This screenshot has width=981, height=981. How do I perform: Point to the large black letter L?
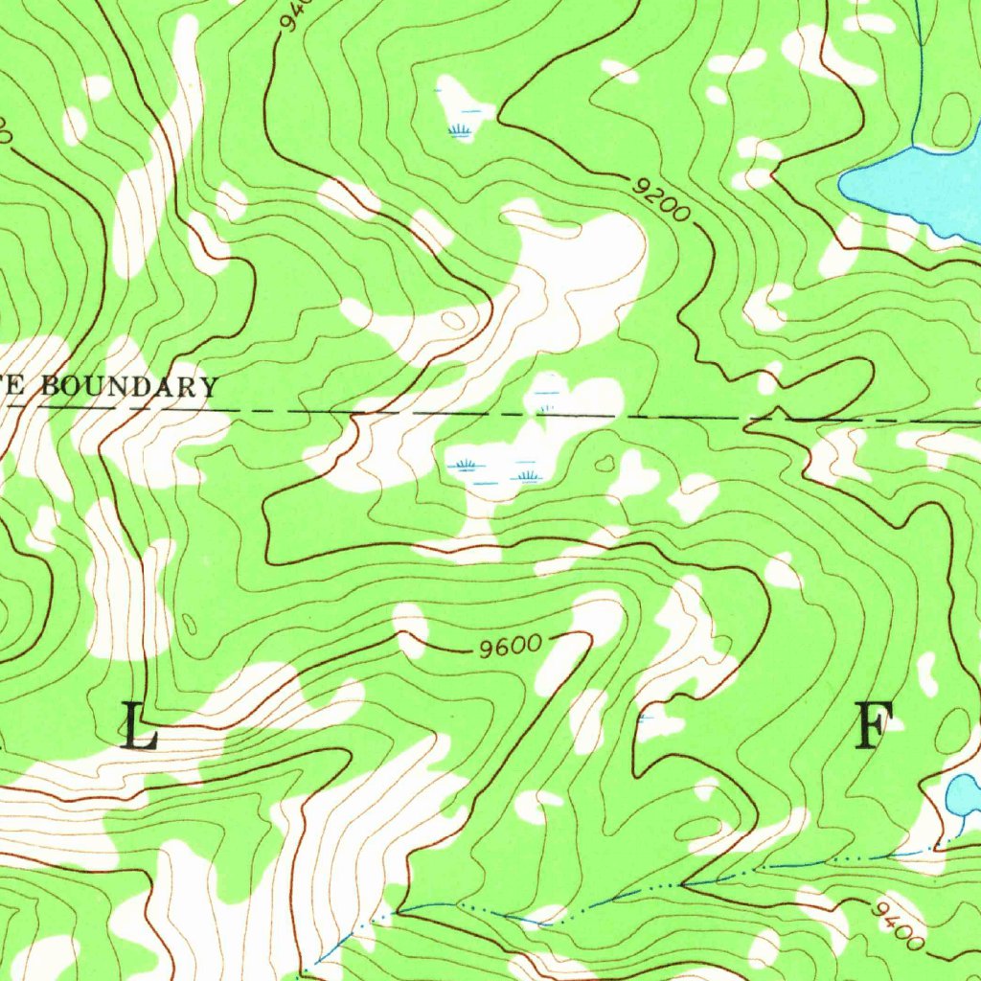click(140, 725)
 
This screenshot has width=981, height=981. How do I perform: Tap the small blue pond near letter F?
click(963, 794)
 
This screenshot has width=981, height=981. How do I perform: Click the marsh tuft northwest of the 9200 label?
click(461, 128)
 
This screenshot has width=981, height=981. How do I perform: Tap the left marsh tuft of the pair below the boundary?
click(466, 466)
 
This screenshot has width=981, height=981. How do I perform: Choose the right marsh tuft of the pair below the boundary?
click(526, 473)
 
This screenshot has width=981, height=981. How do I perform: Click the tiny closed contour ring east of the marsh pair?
click(604, 465)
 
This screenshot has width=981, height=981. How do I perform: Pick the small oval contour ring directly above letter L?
click(188, 625)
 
